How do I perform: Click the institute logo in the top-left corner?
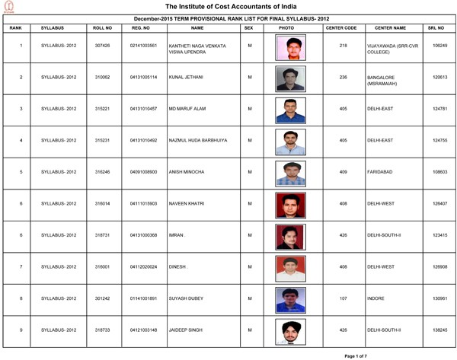[8, 6]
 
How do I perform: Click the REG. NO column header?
[139, 27]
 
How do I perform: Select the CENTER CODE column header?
[340, 27]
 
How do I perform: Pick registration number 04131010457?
[143, 109]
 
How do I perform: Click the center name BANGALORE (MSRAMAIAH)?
[385, 81]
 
